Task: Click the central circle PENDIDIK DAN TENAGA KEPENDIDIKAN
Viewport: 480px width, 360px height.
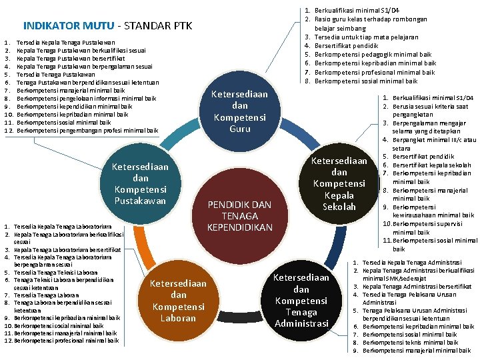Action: [x=239, y=215]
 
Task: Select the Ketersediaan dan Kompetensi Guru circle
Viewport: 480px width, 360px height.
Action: [x=239, y=111]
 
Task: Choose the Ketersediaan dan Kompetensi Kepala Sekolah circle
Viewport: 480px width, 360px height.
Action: [x=339, y=183]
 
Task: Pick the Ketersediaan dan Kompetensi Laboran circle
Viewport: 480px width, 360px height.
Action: [x=179, y=301]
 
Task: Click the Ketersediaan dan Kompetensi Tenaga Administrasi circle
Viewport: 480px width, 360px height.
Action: [x=301, y=301]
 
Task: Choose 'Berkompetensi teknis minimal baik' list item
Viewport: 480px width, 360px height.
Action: [x=410, y=342]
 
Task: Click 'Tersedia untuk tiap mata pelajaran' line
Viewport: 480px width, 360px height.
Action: [x=366, y=37]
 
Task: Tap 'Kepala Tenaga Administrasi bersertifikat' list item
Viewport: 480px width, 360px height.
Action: [x=417, y=287]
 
